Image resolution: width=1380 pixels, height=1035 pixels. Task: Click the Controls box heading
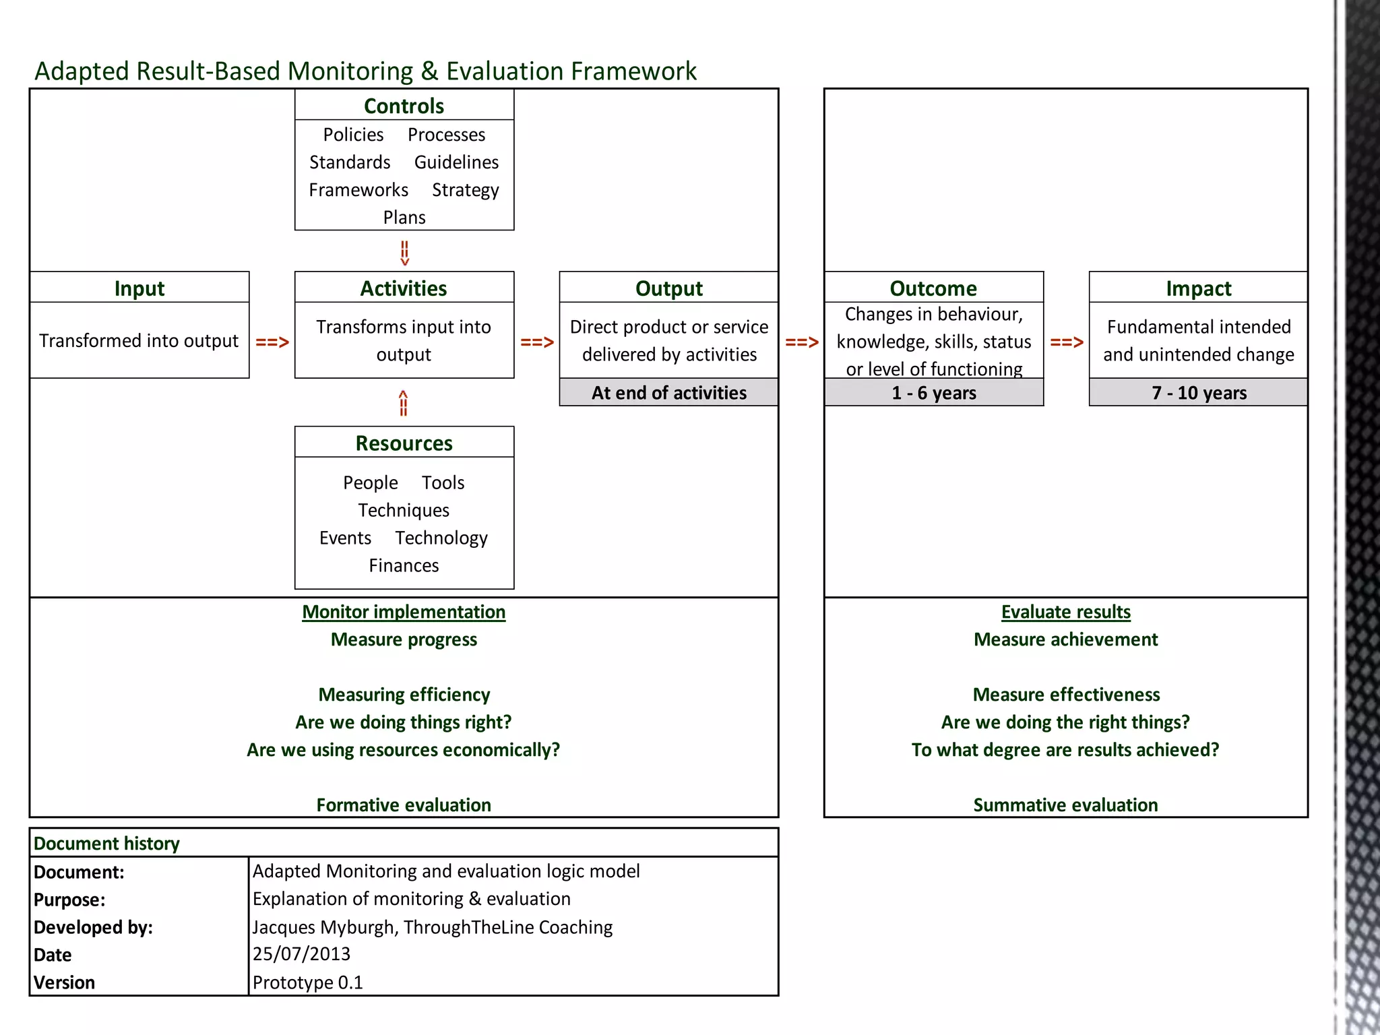coord(404,106)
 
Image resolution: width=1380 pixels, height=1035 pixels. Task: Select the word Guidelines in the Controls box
coord(456,162)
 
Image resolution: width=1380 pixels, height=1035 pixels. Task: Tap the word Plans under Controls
coord(404,218)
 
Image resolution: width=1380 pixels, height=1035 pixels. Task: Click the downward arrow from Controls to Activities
coord(404,253)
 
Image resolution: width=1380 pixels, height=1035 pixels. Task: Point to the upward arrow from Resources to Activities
coord(403,404)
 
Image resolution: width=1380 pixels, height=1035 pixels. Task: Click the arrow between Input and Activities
coord(272,342)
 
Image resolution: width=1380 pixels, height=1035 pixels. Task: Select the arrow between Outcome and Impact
coord(1067,342)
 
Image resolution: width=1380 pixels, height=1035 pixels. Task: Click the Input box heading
coord(139,288)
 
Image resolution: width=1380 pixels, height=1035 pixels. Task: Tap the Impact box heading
coord(1198,288)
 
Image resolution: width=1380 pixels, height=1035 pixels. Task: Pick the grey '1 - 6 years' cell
coord(934,393)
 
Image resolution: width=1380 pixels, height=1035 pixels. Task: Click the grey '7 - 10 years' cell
coord(1199,393)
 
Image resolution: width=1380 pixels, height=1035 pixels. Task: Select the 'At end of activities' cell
coord(668,393)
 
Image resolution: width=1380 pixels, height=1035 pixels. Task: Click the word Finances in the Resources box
coord(404,565)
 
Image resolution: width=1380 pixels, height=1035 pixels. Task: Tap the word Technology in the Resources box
coord(441,538)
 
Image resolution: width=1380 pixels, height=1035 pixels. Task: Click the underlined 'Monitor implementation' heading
coord(404,612)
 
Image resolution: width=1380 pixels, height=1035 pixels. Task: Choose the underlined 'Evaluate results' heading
coord(1065,612)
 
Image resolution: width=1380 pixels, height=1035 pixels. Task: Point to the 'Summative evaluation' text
coord(1065,805)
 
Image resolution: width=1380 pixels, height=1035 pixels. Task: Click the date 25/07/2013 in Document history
coord(301,954)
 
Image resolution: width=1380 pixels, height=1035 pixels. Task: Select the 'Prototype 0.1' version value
coord(307,982)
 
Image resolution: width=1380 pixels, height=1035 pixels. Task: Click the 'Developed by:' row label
coord(93,927)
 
